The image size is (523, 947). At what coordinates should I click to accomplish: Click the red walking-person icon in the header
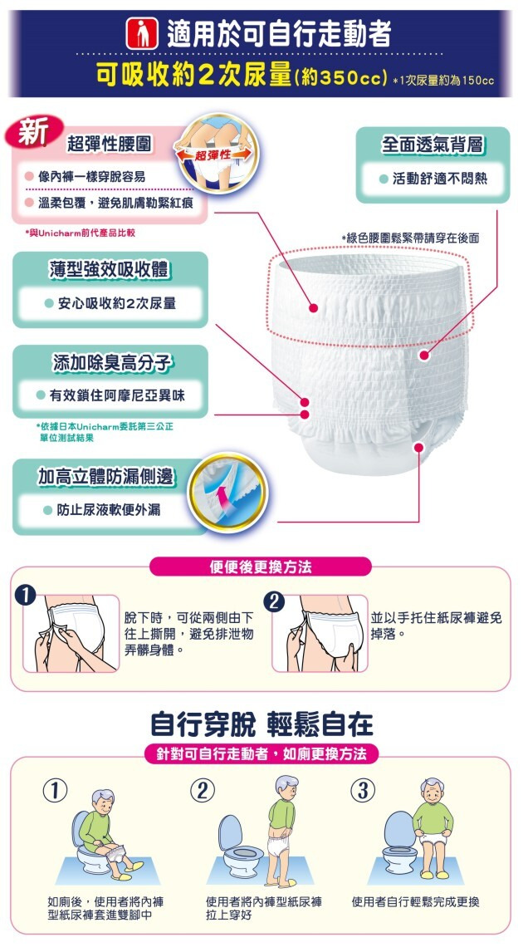[x=141, y=34]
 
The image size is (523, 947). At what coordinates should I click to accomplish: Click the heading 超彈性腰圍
[x=110, y=144]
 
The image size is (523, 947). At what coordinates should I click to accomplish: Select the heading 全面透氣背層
[x=433, y=145]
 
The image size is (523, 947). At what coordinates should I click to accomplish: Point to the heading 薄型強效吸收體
[x=110, y=269]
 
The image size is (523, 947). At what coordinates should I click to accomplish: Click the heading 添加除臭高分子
[x=112, y=362]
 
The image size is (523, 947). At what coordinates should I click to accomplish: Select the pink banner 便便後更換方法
[x=260, y=567]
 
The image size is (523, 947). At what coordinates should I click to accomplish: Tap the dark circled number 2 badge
[x=275, y=601]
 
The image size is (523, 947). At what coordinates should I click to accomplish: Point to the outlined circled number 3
[x=363, y=791]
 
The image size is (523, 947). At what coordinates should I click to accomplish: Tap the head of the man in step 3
[x=432, y=790]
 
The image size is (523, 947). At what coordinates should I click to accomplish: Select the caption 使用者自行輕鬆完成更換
[x=416, y=901]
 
